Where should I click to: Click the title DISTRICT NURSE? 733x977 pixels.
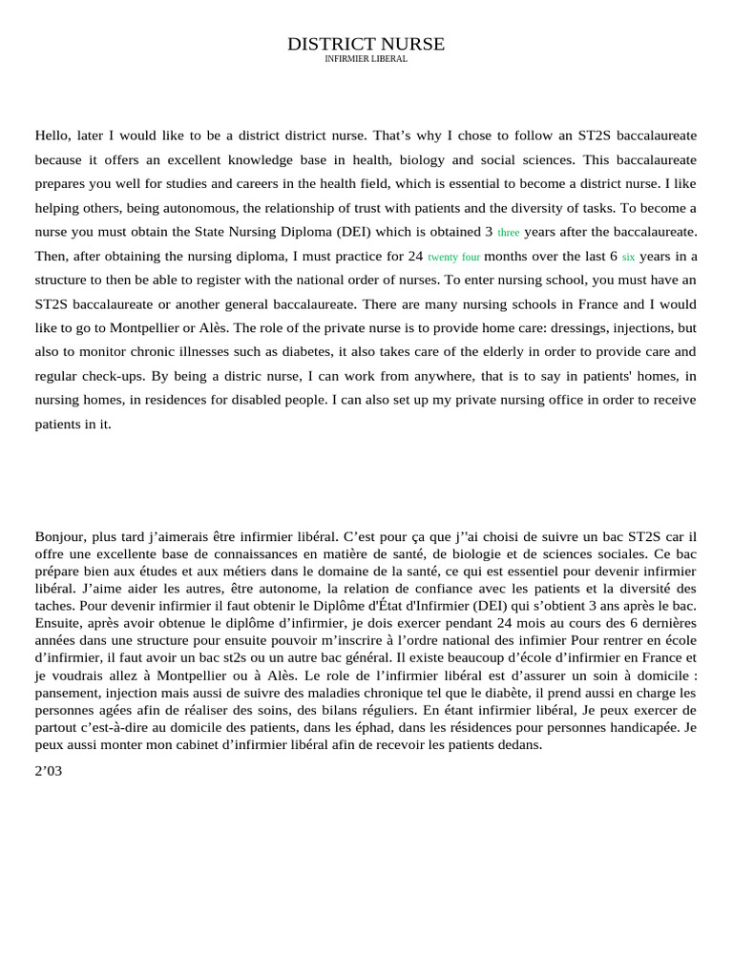click(366, 44)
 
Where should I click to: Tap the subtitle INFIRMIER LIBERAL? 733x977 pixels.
click(366, 59)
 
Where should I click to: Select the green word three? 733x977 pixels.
click(509, 233)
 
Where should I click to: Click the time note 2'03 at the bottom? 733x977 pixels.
click(48, 772)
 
